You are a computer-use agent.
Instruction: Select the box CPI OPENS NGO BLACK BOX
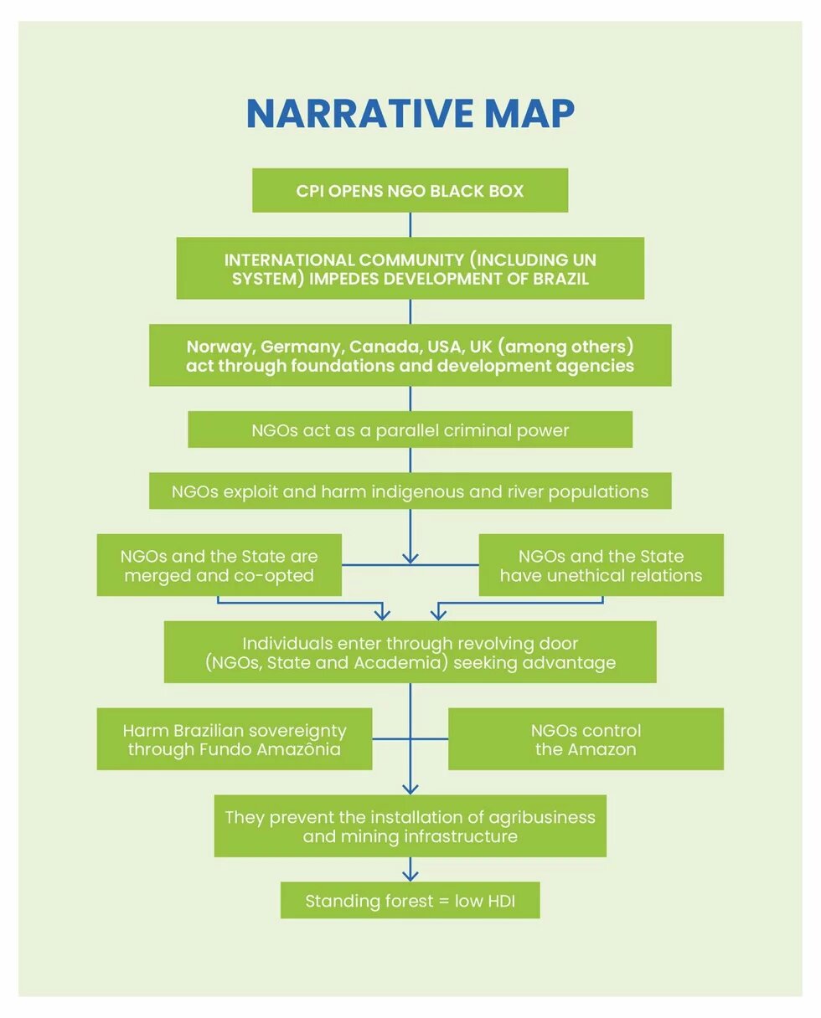click(410, 191)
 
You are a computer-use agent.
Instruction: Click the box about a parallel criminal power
click(410, 430)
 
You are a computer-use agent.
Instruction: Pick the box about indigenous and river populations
click(410, 491)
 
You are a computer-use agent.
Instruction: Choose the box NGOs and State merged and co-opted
click(219, 565)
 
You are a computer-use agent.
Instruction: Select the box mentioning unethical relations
click(601, 565)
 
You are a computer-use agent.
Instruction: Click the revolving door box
click(410, 652)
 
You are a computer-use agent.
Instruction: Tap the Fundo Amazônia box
click(234, 739)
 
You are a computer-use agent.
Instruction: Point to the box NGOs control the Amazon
click(586, 739)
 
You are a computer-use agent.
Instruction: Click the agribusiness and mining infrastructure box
click(410, 826)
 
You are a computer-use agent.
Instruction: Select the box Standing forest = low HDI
click(410, 901)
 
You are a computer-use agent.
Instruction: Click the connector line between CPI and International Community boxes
click(410, 224)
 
